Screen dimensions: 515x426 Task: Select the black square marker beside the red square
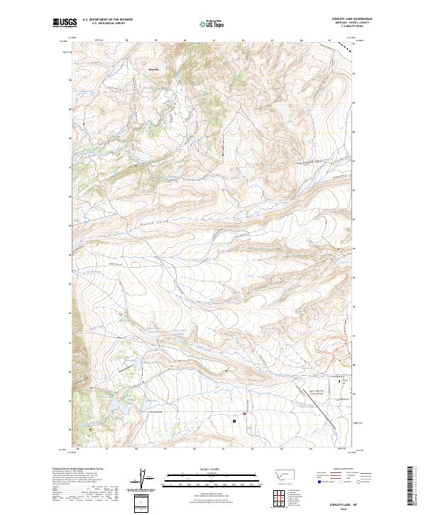pyautogui.click(x=234, y=421)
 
